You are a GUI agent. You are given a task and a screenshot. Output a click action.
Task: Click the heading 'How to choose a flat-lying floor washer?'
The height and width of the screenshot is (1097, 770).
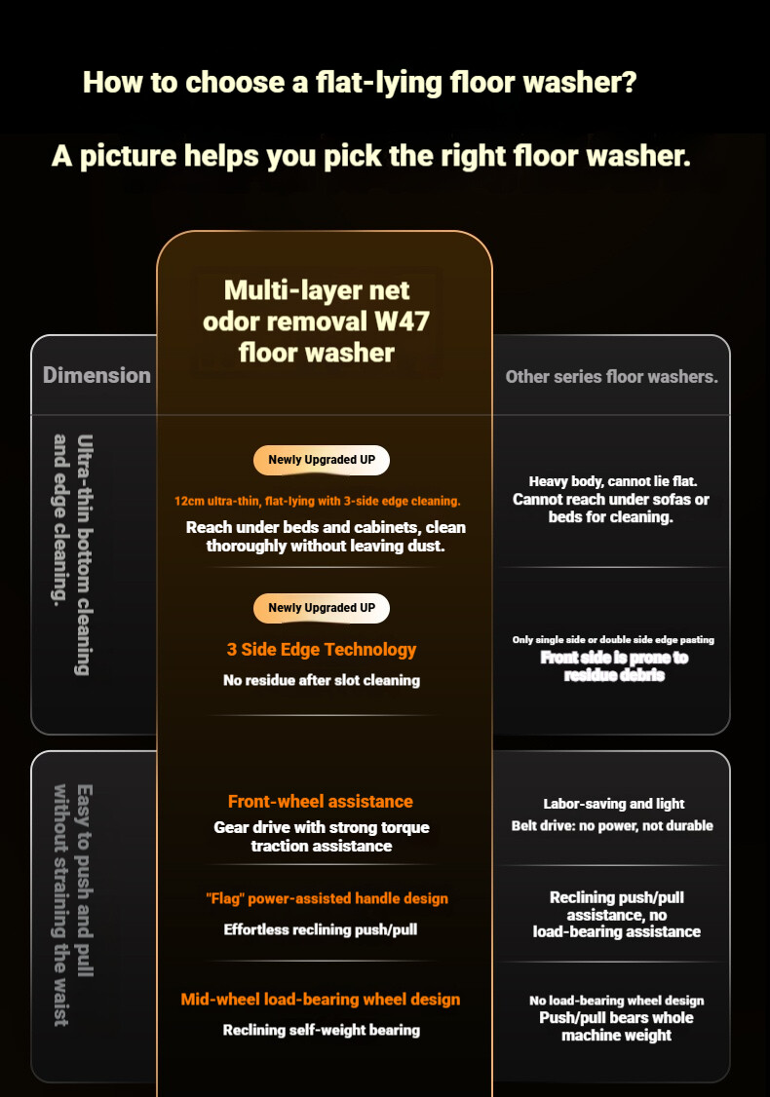tap(360, 82)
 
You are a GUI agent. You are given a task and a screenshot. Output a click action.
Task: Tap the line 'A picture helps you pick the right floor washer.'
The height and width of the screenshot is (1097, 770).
tap(371, 156)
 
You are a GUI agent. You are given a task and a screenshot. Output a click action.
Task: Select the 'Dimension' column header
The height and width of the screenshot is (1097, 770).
tap(96, 375)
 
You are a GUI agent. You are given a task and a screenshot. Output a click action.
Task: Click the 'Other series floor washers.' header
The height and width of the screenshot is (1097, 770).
tap(611, 376)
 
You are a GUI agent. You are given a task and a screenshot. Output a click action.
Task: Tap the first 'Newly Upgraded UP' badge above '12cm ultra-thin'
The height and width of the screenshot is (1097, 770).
tap(322, 460)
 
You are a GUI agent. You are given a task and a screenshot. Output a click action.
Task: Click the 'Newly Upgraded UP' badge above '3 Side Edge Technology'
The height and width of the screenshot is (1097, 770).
tap(322, 608)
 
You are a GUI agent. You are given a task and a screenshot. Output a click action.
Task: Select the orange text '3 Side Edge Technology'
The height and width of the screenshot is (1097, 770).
tap(322, 650)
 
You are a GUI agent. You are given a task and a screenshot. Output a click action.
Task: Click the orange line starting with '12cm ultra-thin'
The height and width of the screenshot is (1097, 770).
tap(318, 501)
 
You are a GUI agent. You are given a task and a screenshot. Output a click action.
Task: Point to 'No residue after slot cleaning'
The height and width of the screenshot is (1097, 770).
tap(322, 680)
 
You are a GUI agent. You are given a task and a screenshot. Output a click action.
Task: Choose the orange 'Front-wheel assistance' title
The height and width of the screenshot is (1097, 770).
tap(321, 802)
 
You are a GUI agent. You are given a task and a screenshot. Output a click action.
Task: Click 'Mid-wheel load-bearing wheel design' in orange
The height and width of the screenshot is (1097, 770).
tap(321, 1000)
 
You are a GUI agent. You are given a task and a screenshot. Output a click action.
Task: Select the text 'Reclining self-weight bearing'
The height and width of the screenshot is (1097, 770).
tap(322, 1030)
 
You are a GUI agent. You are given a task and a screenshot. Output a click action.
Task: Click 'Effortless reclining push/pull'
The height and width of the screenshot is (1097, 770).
tap(321, 929)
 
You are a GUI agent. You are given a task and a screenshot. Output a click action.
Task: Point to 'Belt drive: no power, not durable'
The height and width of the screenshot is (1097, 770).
tap(612, 826)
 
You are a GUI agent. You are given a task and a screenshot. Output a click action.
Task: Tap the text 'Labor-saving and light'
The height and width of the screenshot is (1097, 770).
tap(614, 804)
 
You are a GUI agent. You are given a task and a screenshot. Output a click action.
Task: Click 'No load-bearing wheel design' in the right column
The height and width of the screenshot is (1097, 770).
tap(616, 1001)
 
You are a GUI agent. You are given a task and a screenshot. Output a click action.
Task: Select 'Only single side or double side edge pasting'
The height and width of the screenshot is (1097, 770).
tap(614, 640)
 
